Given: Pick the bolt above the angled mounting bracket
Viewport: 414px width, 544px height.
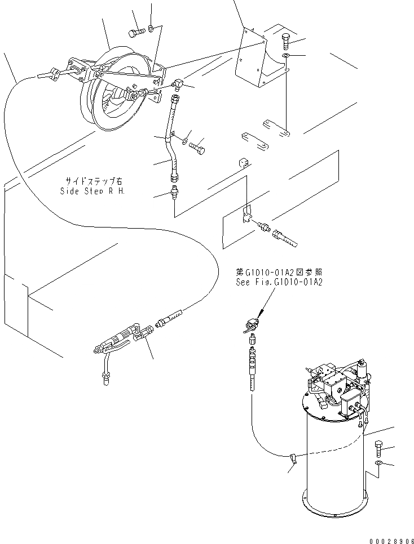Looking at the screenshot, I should click(285, 41).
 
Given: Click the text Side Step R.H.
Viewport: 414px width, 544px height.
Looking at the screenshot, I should click(93, 190).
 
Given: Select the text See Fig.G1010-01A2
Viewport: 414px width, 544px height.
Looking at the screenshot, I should click(279, 282).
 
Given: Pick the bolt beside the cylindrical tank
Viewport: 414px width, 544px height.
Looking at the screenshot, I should click(378, 448).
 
